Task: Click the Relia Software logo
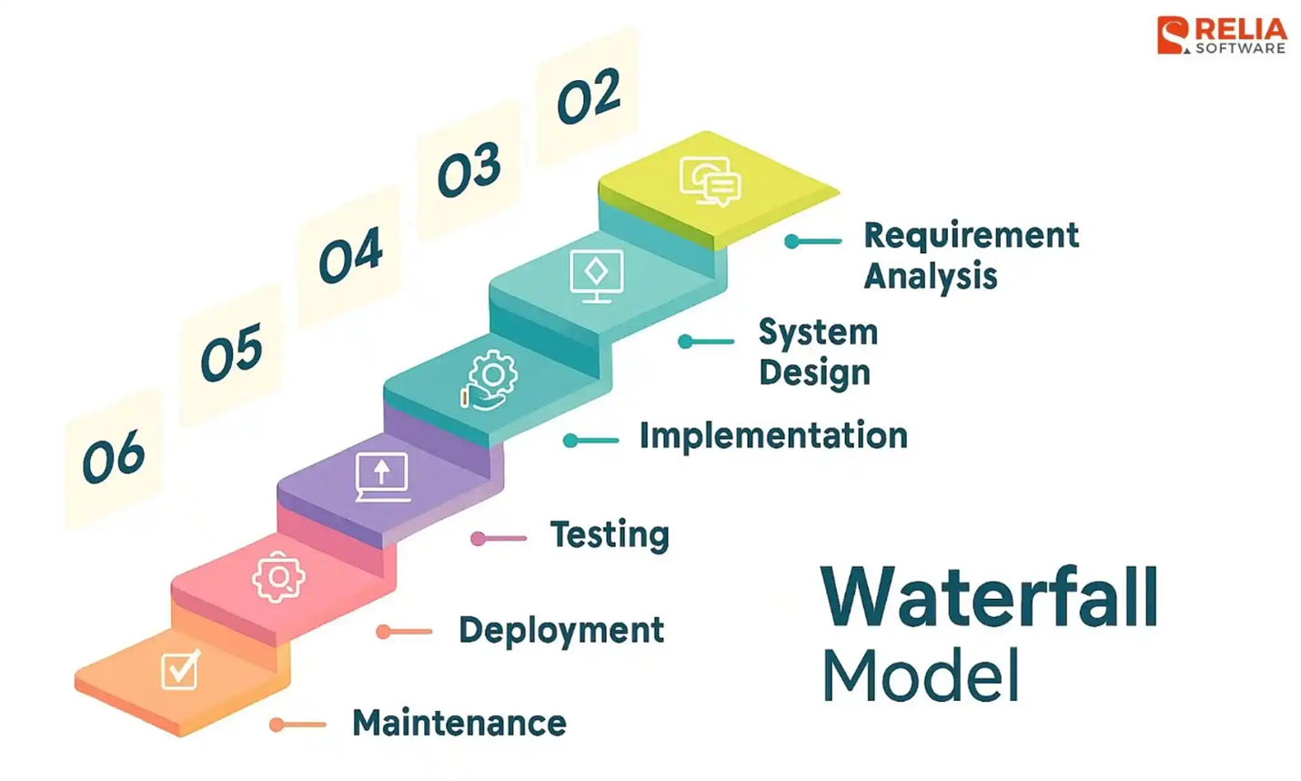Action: point(1220,36)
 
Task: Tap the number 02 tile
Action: point(588,96)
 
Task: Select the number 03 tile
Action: point(469,170)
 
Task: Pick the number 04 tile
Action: point(350,256)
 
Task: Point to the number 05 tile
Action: point(231,353)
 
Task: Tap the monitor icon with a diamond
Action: point(596,275)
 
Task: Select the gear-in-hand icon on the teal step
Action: point(489,380)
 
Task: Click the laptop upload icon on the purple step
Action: point(382,477)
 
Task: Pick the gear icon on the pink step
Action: point(278,576)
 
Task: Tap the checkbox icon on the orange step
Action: point(180,670)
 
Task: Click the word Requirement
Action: point(971,235)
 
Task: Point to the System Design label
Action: point(817,351)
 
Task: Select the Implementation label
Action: point(773,436)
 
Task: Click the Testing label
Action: point(610,534)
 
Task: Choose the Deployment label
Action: point(561,630)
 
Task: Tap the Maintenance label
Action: point(459,724)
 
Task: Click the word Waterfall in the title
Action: point(989,597)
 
